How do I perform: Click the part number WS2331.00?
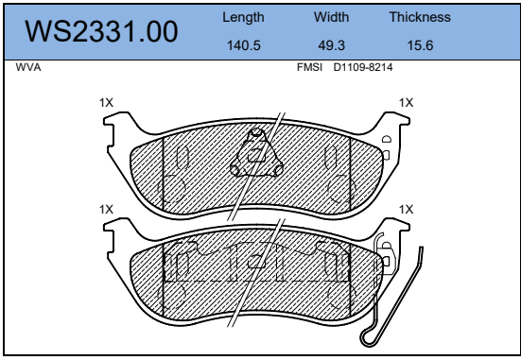101,31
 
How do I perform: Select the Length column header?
243,18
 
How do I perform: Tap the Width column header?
331,17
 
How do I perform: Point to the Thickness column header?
420,17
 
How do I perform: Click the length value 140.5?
244,45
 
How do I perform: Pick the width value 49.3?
331,45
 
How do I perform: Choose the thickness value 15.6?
420,45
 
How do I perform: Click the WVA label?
28,67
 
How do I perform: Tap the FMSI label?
309,67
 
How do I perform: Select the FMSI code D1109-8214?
363,67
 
